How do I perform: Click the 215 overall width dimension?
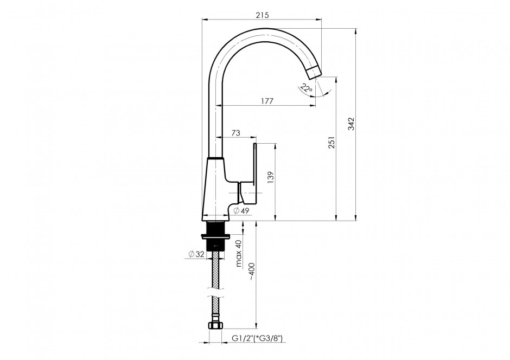click(x=262, y=15)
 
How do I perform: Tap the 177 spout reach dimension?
click(x=267, y=101)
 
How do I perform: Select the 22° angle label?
click(x=306, y=88)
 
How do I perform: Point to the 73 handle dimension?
click(x=236, y=133)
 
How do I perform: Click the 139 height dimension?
click(x=271, y=178)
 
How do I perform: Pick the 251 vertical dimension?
click(x=331, y=142)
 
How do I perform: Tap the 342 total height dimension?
click(x=351, y=124)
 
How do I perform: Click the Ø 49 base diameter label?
click(x=241, y=210)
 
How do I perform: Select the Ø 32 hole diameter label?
click(x=196, y=254)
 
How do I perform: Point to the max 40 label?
click(x=239, y=253)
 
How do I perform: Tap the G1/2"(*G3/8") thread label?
click(x=257, y=338)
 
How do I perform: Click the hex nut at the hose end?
click(x=214, y=326)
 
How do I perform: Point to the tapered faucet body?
click(x=215, y=189)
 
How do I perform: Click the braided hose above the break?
click(x=215, y=269)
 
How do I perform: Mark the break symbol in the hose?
click(x=215, y=292)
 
